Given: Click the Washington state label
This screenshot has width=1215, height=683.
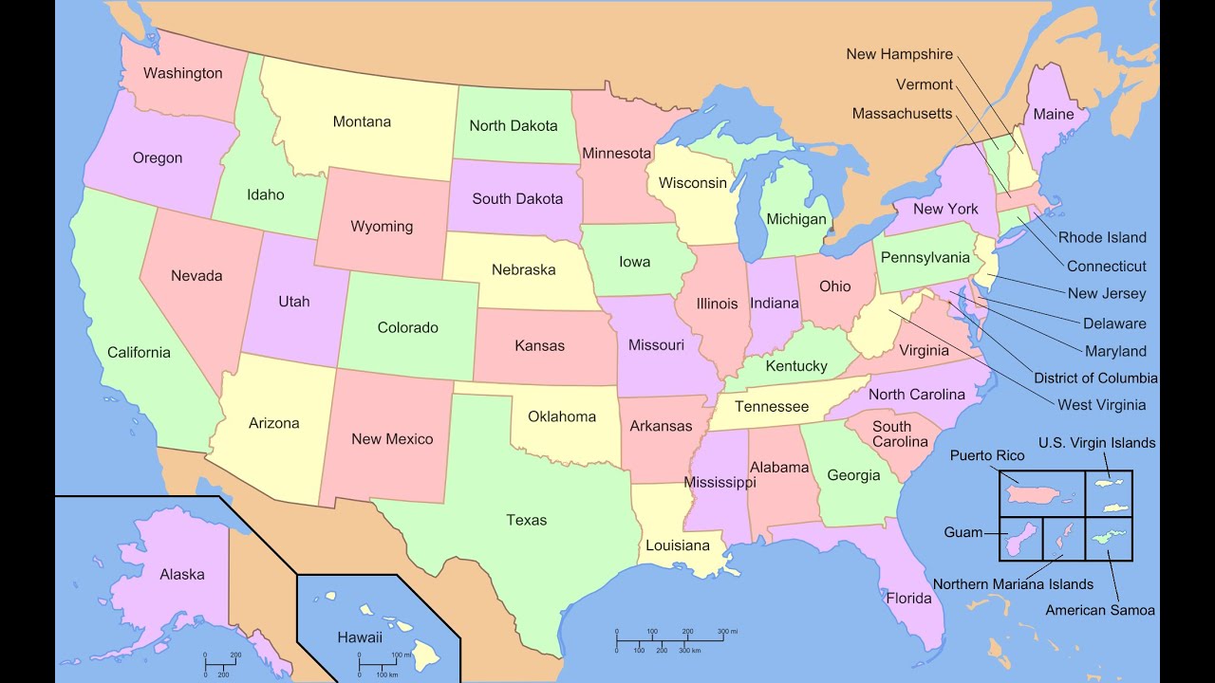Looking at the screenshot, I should tap(183, 73).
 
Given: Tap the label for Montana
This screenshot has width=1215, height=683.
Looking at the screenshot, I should tap(362, 121).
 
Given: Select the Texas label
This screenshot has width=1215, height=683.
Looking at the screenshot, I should tap(526, 520).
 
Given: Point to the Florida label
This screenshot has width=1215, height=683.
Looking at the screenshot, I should tap(908, 599).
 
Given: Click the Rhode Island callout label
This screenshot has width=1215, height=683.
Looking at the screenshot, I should tap(1102, 237).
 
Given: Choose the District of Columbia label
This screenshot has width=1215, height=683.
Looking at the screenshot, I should tap(1095, 378).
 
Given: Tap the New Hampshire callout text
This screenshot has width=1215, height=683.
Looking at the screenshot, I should tap(899, 54).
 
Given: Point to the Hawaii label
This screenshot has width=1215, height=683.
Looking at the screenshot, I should tap(360, 637).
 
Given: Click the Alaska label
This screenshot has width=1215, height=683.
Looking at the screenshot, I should tap(181, 574).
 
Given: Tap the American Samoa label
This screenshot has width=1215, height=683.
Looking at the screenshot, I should tap(1100, 610).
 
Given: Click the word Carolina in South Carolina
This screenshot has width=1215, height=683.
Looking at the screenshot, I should tap(900, 442).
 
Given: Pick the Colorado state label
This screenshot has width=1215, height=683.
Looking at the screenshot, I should tap(408, 327).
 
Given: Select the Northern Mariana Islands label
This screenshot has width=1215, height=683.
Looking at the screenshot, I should tap(1013, 584).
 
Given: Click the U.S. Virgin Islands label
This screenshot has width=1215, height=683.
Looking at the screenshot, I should tap(1096, 443).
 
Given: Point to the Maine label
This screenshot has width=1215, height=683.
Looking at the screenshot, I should tap(1054, 114).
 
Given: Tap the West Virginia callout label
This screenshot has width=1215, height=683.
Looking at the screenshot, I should tap(1101, 405).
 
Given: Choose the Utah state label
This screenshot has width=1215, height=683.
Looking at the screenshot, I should tap(294, 302).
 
